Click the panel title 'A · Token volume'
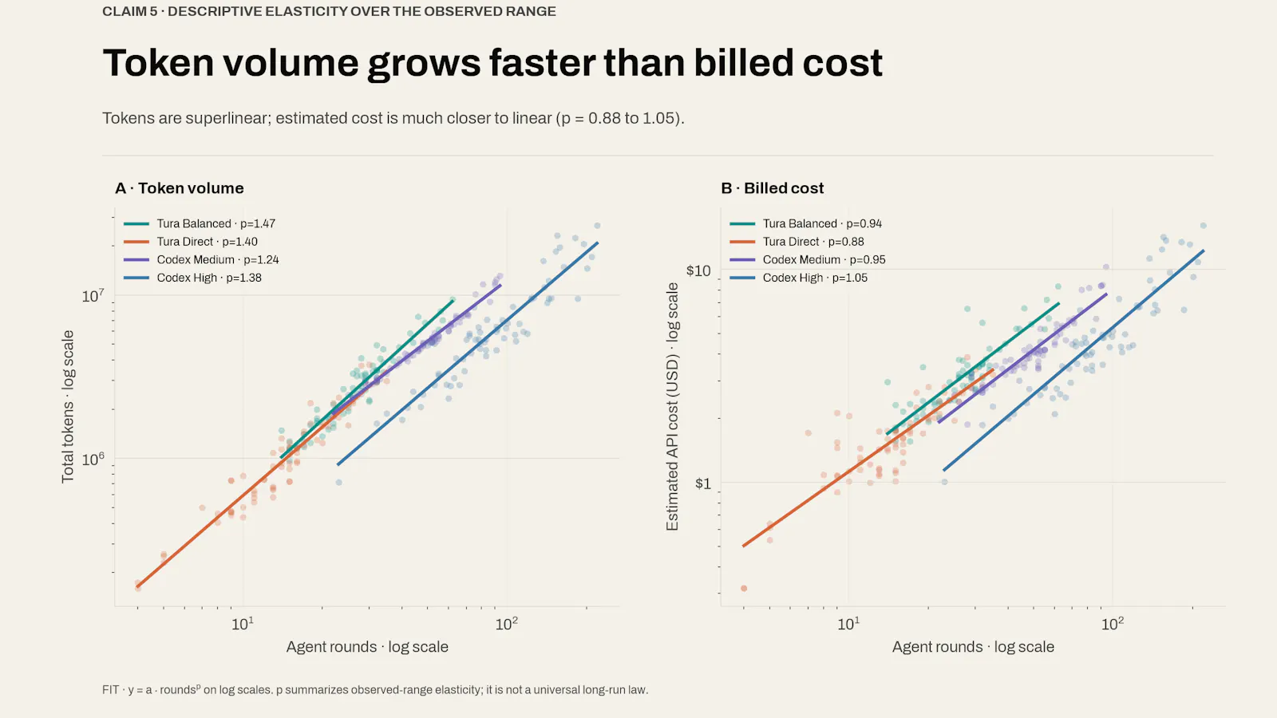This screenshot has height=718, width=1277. pyautogui.click(x=179, y=188)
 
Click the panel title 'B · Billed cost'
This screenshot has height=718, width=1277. pyautogui.click(x=772, y=188)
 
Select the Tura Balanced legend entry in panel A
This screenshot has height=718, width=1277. pyautogui.click(x=200, y=223)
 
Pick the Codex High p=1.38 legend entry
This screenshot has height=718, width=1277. pyautogui.click(x=192, y=278)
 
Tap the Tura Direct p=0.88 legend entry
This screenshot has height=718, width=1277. pyautogui.click(x=797, y=242)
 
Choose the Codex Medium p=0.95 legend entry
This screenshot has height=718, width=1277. pyautogui.click(x=808, y=260)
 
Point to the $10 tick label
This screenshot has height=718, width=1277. pyautogui.click(x=698, y=270)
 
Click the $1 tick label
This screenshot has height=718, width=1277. pyautogui.click(x=703, y=483)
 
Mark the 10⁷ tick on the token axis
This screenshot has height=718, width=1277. pyautogui.click(x=93, y=296)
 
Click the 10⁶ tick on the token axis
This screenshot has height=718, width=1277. pyautogui.click(x=93, y=459)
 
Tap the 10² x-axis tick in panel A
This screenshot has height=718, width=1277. pyautogui.click(x=506, y=624)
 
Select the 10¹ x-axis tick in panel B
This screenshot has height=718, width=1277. pyautogui.click(x=848, y=624)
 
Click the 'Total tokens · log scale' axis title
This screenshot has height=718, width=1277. pyautogui.click(x=68, y=407)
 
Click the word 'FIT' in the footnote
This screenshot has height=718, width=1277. pyautogui.click(x=111, y=690)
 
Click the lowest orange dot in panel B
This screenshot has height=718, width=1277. pyautogui.click(x=743, y=588)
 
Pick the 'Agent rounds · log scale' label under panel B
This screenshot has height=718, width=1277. pyautogui.click(x=973, y=647)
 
